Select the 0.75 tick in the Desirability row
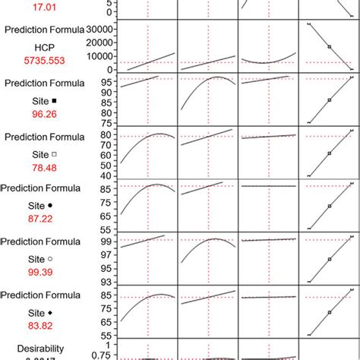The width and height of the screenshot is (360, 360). [x=107, y=355]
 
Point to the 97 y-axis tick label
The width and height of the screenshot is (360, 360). [x=111, y=255]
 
